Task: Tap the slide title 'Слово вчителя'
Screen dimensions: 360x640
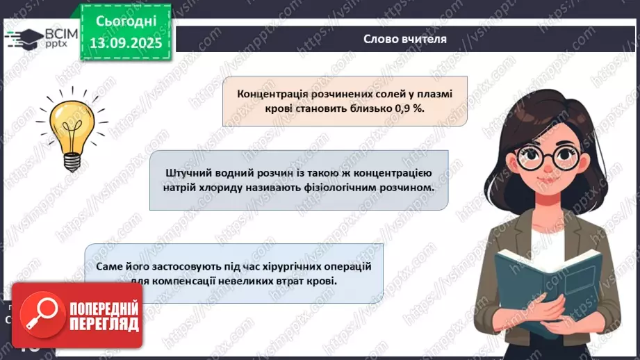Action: point(405,39)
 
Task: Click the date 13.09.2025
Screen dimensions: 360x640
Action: point(126,43)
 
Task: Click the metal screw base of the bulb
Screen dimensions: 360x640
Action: point(72,161)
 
